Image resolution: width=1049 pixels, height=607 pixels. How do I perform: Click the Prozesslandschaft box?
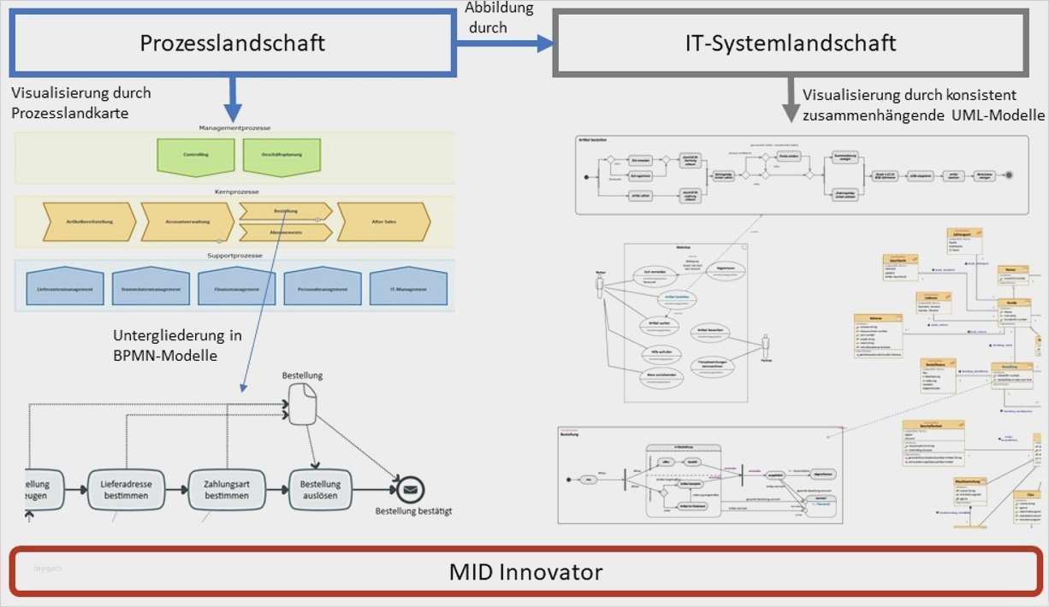click(231, 42)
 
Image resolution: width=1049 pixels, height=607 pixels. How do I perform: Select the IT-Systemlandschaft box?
click(791, 42)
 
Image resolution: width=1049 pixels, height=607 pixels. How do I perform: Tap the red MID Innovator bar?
click(524, 571)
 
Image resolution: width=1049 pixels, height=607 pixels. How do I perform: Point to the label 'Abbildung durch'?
click(499, 17)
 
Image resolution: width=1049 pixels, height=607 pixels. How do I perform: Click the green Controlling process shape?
click(195, 155)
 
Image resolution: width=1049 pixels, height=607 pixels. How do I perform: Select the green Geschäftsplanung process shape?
click(282, 155)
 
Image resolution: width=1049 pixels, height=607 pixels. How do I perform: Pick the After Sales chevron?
click(383, 221)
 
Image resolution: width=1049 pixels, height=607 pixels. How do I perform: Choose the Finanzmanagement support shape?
click(237, 288)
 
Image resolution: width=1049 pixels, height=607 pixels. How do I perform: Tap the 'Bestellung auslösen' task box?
click(321, 490)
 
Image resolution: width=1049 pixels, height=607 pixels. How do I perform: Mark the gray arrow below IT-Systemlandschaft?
click(791, 101)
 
